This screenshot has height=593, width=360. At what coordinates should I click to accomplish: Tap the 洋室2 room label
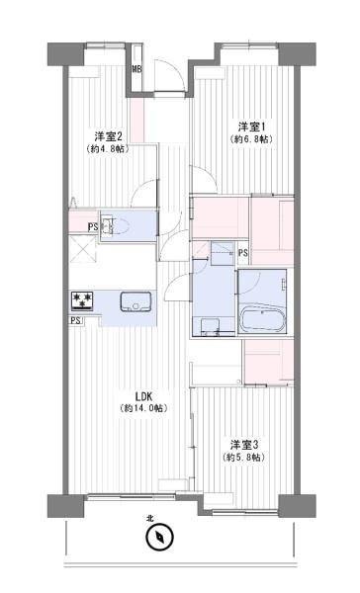pos(110,135)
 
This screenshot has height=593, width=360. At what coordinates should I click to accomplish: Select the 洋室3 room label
pos(244,444)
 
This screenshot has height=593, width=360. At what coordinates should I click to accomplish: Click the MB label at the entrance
pos(137,68)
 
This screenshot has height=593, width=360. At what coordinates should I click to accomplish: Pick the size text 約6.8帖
pos(252,139)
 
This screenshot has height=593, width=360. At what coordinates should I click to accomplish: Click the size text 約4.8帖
pos(110,149)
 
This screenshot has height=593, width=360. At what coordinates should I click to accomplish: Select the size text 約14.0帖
pos(144,407)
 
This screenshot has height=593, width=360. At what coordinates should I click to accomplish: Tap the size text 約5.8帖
pos(244,458)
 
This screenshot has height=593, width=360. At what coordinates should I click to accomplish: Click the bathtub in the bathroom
pos(262,319)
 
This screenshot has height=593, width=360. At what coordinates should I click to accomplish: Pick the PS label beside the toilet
pos(91,226)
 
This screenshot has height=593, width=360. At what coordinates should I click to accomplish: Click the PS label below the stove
pos(75,321)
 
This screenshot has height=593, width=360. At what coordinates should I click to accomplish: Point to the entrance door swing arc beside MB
pos(168,79)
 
